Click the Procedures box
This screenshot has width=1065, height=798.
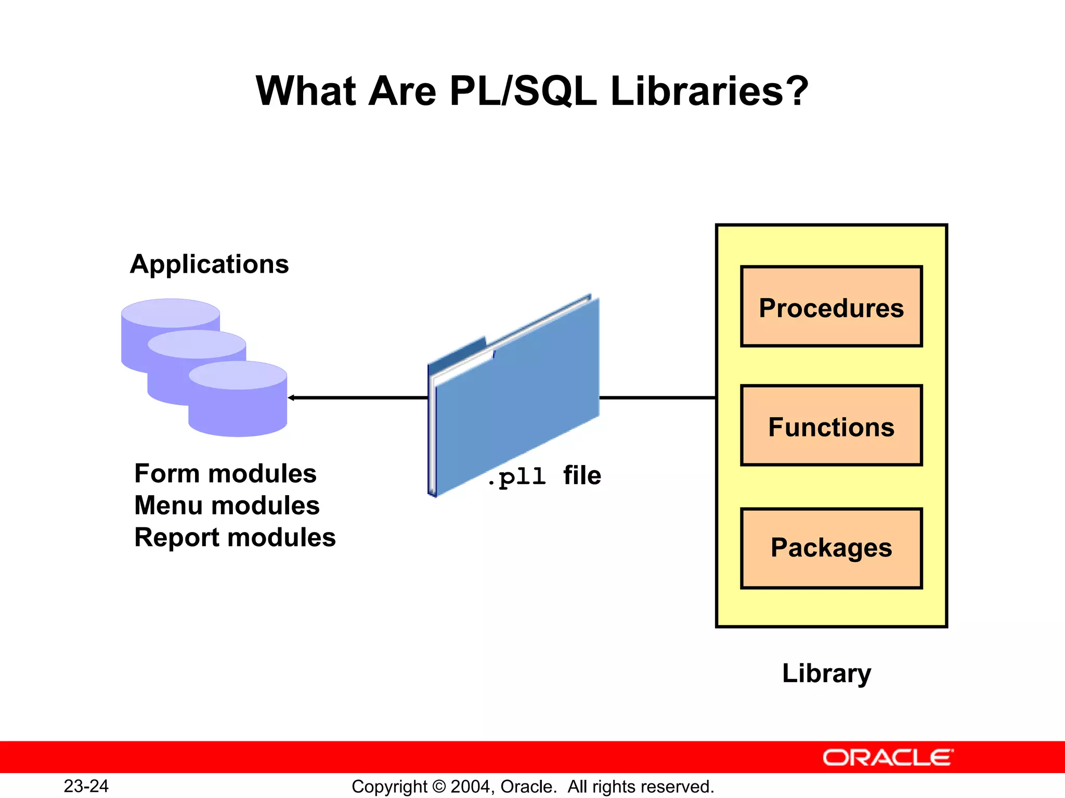(831, 307)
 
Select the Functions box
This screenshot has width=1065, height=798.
(831, 425)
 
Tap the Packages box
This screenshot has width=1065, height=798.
(831, 548)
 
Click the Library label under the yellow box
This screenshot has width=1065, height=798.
(826, 673)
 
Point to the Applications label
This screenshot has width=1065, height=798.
(209, 264)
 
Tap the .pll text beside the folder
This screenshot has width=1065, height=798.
(516, 476)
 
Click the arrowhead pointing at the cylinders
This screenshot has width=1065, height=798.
(291, 398)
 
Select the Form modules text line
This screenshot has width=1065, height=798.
(225, 473)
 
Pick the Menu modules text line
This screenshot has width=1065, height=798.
(227, 506)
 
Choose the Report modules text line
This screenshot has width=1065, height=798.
(235, 537)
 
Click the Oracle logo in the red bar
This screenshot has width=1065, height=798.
(888, 757)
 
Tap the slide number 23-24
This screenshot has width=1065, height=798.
(86, 786)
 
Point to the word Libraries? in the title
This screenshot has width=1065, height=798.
(709, 91)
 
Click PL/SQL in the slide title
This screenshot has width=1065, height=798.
(523, 91)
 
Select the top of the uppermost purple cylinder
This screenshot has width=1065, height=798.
(171, 313)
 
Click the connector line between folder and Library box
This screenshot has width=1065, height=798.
(658, 398)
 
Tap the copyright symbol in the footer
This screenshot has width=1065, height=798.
(439, 787)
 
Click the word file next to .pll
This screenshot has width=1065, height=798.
(582, 475)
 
